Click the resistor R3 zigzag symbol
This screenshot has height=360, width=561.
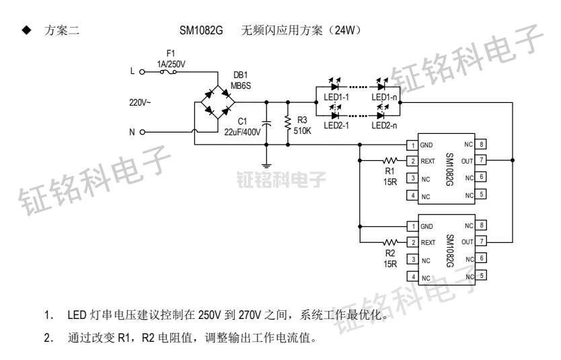click(x=288, y=122)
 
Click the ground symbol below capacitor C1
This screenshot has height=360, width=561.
click(x=267, y=165)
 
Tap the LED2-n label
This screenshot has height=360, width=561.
click(x=385, y=124)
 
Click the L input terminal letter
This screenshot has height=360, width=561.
click(x=131, y=69)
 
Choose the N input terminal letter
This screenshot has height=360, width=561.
click(x=132, y=131)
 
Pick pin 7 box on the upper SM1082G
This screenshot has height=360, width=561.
click(x=482, y=161)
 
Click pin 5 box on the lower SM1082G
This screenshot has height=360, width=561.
click(x=482, y=275)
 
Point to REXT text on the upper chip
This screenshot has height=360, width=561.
click(x=430, y=161)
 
